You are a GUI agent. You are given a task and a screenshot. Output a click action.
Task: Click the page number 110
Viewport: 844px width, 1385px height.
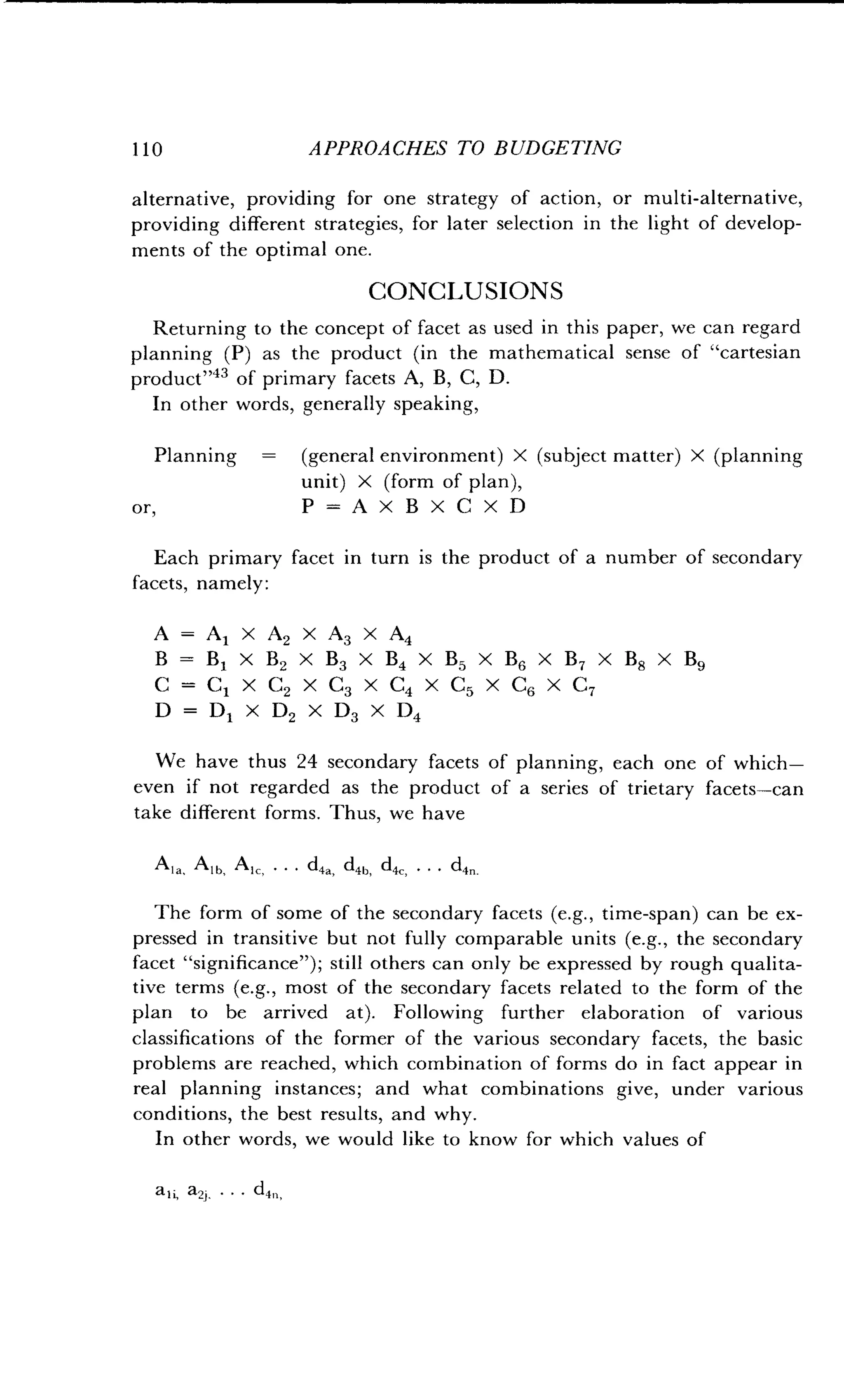pyautogui.click(x=147, y=149)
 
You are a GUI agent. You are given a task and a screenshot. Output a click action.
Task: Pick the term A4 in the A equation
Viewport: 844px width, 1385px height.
pyautogui.click(x=401, y=635)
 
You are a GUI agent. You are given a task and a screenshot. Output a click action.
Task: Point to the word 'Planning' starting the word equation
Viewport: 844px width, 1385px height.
pyautogui.click(x=196, y=455)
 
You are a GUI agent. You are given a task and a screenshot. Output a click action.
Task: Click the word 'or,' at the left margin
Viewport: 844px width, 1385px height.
pyautogui.click(x=144, y=508)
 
